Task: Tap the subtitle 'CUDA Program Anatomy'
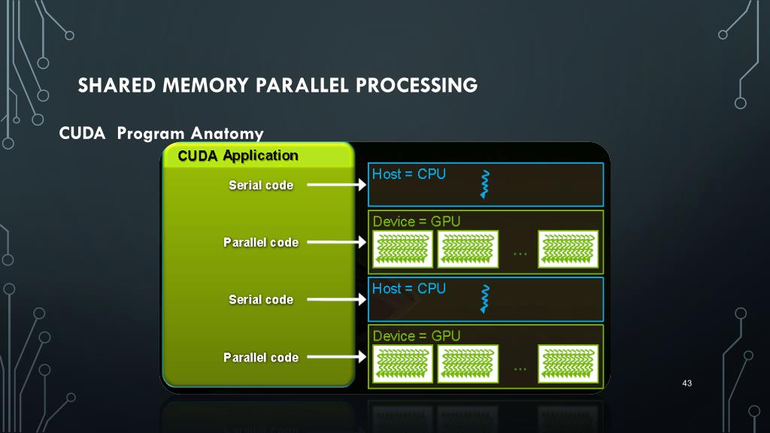[161, 134]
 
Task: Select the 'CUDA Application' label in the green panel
[238, 156]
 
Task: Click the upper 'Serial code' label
[261, 185]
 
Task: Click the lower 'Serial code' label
[261, 299]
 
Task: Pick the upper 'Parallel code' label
[261, 242]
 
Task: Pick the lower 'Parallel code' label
[261, 357]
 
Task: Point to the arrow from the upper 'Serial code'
[336, 184]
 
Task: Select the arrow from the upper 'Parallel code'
[336, 242]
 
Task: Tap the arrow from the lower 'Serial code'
[336, 299]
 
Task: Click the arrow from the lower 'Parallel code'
[336, 357]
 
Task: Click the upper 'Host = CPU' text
[409, 174]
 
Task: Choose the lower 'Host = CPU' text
[409, 289]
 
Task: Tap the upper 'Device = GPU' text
[416, 222]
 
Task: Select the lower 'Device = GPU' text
[416, 336]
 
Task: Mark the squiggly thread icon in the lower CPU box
[485, 298]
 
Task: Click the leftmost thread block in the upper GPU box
[403, 250]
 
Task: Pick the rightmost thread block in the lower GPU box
[568, 364]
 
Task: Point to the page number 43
[686, 384]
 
